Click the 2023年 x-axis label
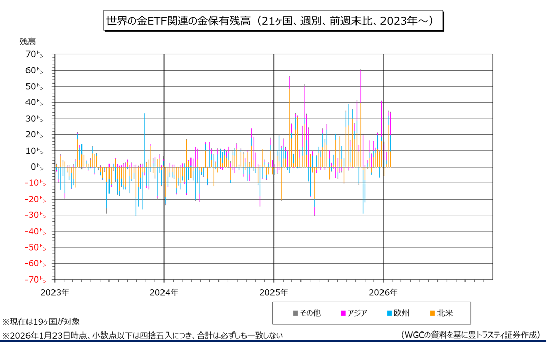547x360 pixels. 54,293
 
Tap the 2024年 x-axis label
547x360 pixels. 164,293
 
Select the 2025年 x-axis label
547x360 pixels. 273,293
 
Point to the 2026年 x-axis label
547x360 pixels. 383,293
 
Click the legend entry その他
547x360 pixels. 307,313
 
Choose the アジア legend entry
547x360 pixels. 353,313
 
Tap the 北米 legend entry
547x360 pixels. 441,313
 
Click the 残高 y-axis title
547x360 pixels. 28,41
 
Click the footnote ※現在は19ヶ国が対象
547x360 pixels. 41,322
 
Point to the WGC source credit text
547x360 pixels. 470,335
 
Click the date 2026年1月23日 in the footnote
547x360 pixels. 38,335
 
